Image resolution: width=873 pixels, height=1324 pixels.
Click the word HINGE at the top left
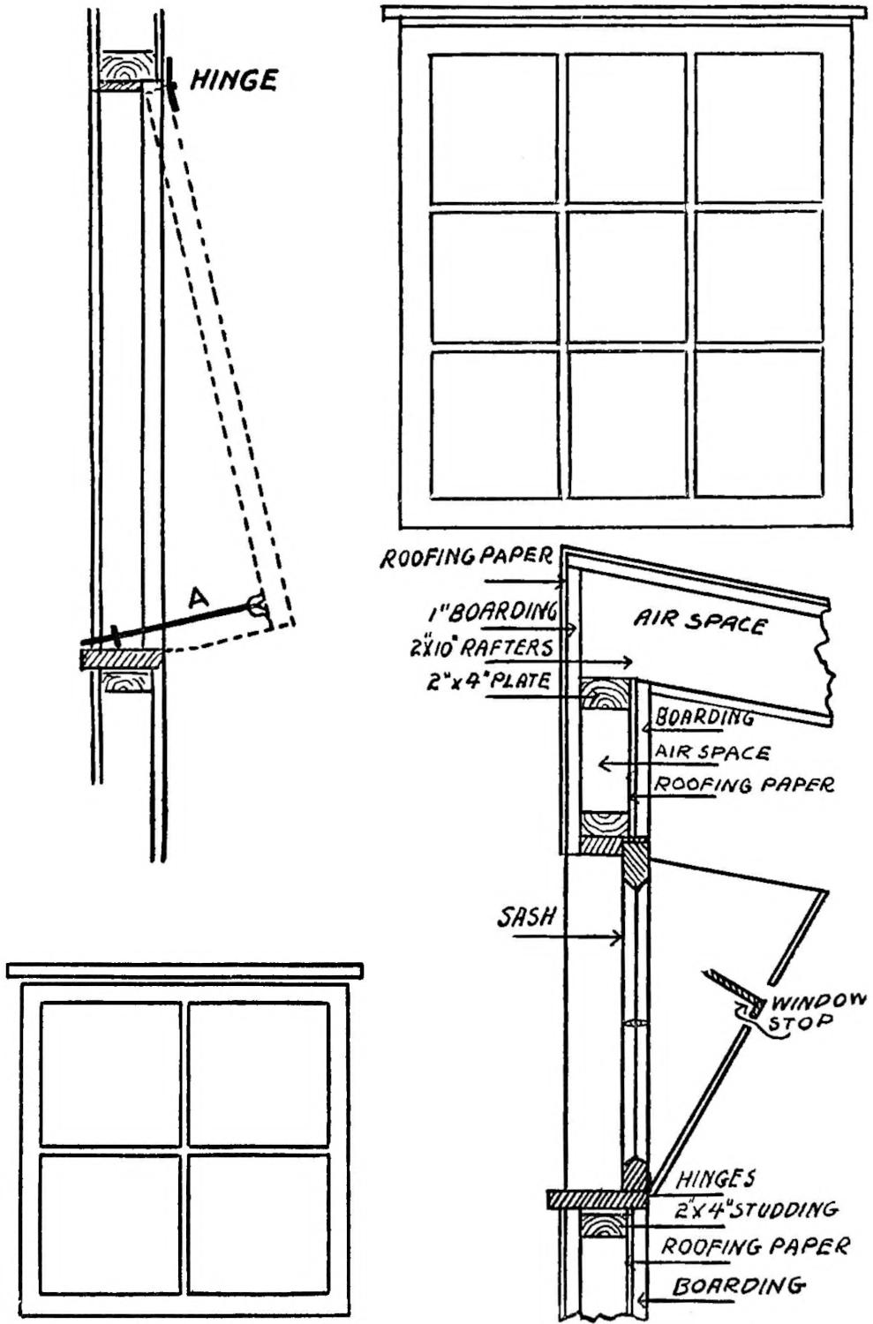pyautogui.click(x=234, y=80)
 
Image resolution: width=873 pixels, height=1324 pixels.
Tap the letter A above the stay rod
pyautogui.click(x=199, y=598)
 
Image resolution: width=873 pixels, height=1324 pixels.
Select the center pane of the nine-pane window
pyautogui.click(x=626, y=275)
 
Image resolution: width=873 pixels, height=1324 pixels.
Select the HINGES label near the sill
pyautogui.click(x=715, y=1177)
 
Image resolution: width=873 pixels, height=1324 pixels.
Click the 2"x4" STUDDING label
pyautogui.click(x=756, y=1208)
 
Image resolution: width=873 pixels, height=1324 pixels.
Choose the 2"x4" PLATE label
pyautogui.click(x=488, y=681)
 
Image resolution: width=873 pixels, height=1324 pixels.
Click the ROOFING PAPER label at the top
pyautogui.click(x=465, y=558)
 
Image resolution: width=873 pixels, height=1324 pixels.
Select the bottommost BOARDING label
pyautogui.click(x=738, y=1285)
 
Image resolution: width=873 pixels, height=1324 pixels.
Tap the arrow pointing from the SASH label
pyautogui.click(x=574, y=937)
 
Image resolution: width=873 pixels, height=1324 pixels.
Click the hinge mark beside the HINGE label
pyautogui.click(x=172, y=85)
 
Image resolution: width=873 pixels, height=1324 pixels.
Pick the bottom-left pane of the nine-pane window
pyautogui.click(x=494, y=424)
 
